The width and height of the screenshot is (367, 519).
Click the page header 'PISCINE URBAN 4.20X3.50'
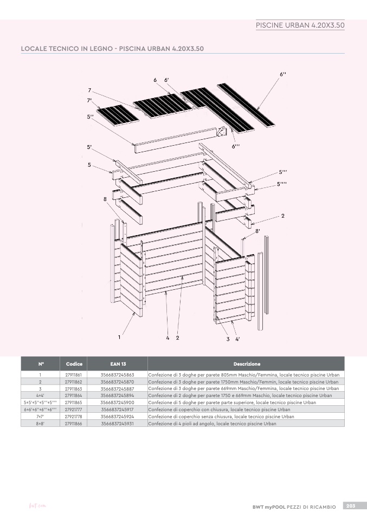click(x=300, y=25)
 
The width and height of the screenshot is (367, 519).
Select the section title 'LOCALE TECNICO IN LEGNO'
click(x=67, y=49)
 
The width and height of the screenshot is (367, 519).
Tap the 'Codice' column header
click(x=74, y=364)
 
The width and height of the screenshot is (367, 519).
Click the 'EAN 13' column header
click(x=118, y=364)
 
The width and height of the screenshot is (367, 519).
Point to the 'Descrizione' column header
click(x=247, y=364)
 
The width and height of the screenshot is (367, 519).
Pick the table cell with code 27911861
click(x=73, y=375)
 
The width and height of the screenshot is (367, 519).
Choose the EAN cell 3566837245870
click(x=117, y=382)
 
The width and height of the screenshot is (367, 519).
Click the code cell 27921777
click(x=73, y=410)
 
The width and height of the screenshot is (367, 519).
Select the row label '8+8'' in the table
click(x=40, y=424)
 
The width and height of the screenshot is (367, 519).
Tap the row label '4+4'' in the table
click(x=40, y=395)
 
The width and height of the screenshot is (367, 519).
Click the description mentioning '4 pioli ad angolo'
click(x=213, y=424)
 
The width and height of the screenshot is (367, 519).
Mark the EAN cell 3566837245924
click(x=117, y=417)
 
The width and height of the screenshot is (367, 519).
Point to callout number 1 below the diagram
click(x=119, y=338)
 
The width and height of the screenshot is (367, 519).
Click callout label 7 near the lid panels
click(x=89, y=90)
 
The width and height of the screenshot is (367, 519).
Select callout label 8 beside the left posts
click(x=105, y=199)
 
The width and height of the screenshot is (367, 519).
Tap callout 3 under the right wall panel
click(x=228, y=339)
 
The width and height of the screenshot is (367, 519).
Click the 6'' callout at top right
click(x=283, y=74)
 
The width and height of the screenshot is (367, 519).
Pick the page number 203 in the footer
click(x=351, y=506)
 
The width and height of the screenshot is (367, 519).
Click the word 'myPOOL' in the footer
click(x=275, y=507)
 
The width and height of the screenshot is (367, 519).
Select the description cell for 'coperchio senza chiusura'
click(x=221, y=417)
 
